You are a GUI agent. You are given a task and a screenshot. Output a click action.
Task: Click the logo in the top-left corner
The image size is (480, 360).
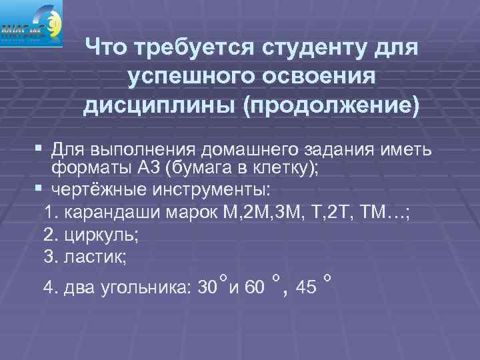pyautogui.click(x=31, y=23)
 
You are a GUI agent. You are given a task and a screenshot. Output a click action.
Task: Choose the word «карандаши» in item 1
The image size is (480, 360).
pyautogui.click(x=100, y=213)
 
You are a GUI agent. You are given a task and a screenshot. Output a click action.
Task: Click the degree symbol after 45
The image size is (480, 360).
pyautogui.click(x=327, y=276)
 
